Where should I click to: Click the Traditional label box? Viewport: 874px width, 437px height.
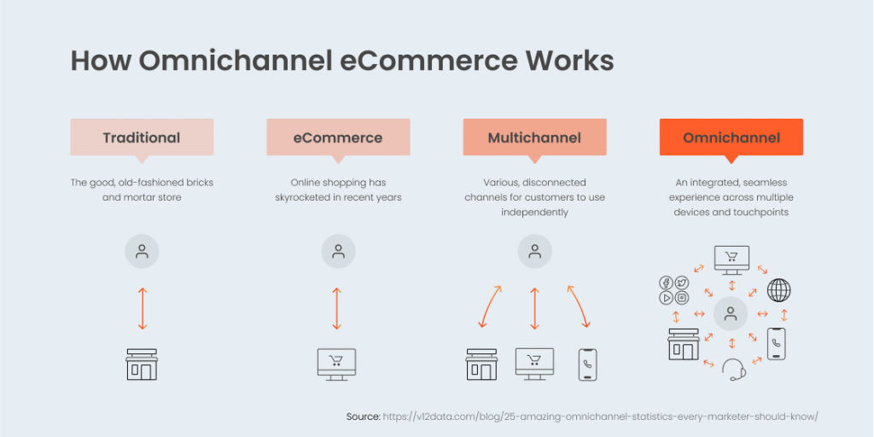(142, 137)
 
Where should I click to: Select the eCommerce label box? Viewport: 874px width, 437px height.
(338, 137)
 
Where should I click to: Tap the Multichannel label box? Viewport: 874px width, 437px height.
(534, 137)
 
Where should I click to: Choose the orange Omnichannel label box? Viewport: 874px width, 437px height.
(731, 137)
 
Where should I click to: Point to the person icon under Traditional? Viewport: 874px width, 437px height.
(142, 252)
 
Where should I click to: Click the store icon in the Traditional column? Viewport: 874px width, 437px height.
(142, 364)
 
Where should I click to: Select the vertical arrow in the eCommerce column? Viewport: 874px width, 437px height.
(337, 308)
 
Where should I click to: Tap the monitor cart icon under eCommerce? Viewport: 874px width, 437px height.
(337, 364)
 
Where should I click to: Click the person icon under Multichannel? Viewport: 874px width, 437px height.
(534, 252)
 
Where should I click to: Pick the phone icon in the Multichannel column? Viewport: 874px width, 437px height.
(587, 364)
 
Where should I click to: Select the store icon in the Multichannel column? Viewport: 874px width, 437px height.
(481, 364)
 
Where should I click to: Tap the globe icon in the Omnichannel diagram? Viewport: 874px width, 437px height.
(778, 290)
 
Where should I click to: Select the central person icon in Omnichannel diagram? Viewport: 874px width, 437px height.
(731, 313)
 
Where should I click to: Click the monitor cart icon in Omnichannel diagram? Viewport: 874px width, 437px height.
(731, 259)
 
